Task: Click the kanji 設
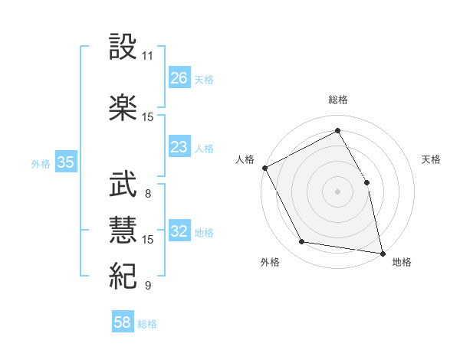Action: click(x=123, y=47)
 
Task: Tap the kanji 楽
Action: click(x=123, y=107)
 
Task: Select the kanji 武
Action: click(x=123, y=184)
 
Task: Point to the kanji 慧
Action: click(x=123, y=229)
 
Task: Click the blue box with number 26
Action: click(x=179, y=78)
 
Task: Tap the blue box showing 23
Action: click(x=179, y=147)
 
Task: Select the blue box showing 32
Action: click(x=179, y=232)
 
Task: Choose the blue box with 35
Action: click(x=66, y=162)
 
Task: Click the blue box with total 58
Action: click(x=123, y=323)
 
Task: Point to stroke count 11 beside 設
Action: click(x=148, y=56)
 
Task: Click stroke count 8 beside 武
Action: click(x=148, y=193)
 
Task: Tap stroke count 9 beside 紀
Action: click(x=148, y=285)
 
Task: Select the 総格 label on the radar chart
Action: click(x=338, y=100)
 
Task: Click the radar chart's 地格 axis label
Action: click(x=402, y=262)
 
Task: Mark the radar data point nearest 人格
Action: click(x=264, y=168)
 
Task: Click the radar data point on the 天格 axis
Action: click(x=366, y=182)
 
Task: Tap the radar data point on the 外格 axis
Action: click(x=302, y=242)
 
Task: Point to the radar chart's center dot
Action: click(x=338, y=191)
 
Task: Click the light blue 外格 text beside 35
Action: click(x=41, y=163)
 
